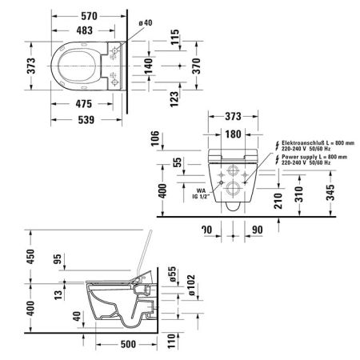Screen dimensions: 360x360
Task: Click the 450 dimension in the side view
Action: point(8,255)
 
